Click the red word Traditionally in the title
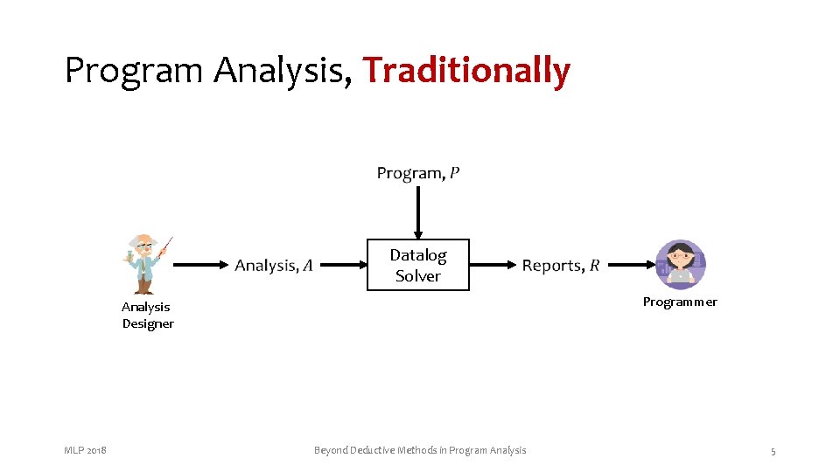pyautogui.click(x=466, y=70)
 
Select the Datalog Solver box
pyautogui.click(x=417, y=265)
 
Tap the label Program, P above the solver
pyautogui.click(x=417, y=173)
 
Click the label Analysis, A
pyautogui.click(x=274, y=265)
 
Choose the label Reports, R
pyautogui.click(x=561, y=265)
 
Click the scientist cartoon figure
pyautogui.click(x=147, y=263)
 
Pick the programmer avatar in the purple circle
pyautogui.click(x=681, y=264)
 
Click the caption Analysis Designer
pyautogui.click(x=147, y=315)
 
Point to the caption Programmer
pyautogui.click(x=680, y=302)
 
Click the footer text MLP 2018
pyautogui.click(x=85, y=450)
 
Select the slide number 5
pyautogui.click(x=773, y=451)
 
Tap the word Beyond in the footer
pyautogui.click(x=331, y=450)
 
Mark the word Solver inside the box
pyautogui.click(x=417, y=276)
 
